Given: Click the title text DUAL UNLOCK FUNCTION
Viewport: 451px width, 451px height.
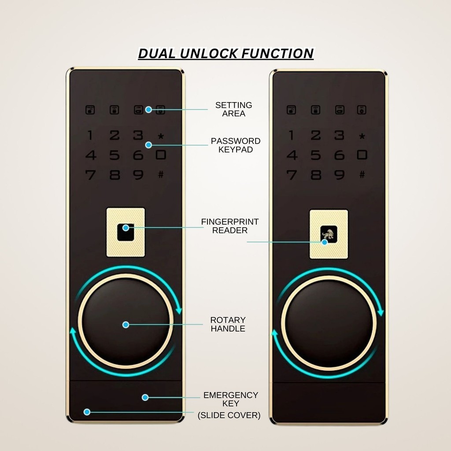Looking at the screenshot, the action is pyautogui.click(x=225, y=54).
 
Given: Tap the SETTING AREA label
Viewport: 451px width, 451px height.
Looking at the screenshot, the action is pyautogui.click(x=233, y=109).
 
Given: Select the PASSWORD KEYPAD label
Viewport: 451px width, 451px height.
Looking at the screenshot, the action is pyautogui.click(x=236, y=145).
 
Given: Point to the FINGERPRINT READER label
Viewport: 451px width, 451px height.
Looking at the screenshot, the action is pyautogui.click(x=230, y=226).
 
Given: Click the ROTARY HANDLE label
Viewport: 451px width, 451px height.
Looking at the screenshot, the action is pyautogui.click(x=228, y=324).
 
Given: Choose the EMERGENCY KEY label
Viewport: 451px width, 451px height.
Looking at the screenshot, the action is pyautogui.click(x=230, y=399).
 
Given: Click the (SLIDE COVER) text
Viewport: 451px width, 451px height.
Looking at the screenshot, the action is pyautogui.click(x=229, y=415).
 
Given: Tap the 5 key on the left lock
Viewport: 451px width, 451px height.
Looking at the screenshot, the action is pyautogui.click(x=115, y=155).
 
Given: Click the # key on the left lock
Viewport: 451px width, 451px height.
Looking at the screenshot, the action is pyautogui.click(x=161, y=175).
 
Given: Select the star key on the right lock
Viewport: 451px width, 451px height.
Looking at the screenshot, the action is pyautogui.click(x=362, y=136).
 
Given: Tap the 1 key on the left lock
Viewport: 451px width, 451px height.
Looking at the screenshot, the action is pyautogui.click(x=90, y=135).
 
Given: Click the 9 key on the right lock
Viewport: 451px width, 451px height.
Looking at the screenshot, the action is pyautogui.click(x=339, y=175).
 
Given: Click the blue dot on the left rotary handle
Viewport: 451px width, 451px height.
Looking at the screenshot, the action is pyautogui.click(x=126, y=325).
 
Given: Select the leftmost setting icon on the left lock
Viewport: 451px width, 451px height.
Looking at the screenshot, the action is pyautogui.click(x=90, y=110).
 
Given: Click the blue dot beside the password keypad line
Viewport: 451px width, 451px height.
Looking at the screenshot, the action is pyautogui.click(x=148, y=145).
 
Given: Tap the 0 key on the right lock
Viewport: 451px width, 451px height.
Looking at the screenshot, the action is pyautogui.click(x=362, y=155).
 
